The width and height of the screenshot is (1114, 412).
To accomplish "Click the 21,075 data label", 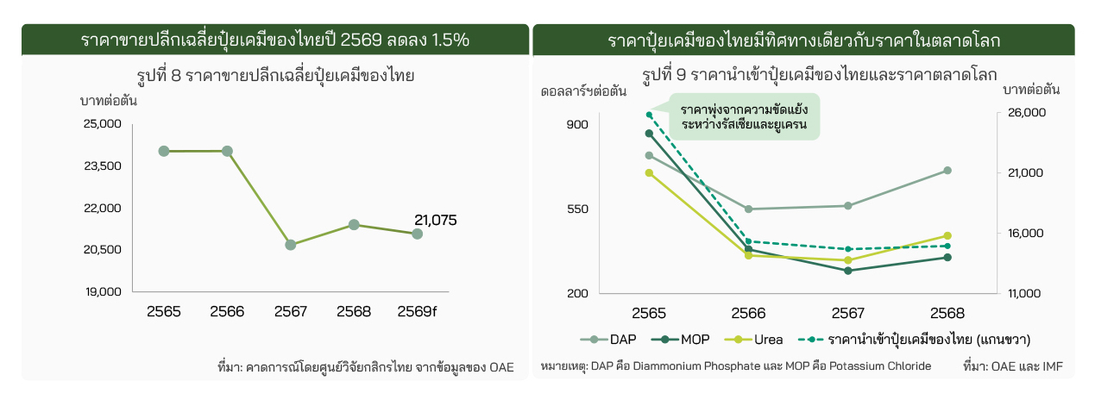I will point(436,220).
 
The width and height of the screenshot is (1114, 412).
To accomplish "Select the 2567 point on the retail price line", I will point(291,245).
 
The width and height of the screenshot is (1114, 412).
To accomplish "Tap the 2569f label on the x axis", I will point(418,311).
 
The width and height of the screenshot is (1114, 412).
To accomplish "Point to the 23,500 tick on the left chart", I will point(104,166).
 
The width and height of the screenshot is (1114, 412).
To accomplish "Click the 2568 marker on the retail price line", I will point(354,225).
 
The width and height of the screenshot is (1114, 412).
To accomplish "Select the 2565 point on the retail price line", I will point(164,151).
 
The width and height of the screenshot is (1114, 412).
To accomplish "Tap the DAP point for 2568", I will point(947,171).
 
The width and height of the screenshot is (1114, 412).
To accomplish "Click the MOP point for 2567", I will point(848,271).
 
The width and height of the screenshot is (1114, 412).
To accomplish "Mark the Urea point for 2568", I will point(947,235).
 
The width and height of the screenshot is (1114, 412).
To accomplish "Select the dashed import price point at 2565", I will point(649,114).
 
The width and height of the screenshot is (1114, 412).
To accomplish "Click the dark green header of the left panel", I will point(274,41).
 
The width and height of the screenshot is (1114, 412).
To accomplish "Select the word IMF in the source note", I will point(1053,366).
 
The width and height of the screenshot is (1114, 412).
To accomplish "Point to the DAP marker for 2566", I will point(748,209).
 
